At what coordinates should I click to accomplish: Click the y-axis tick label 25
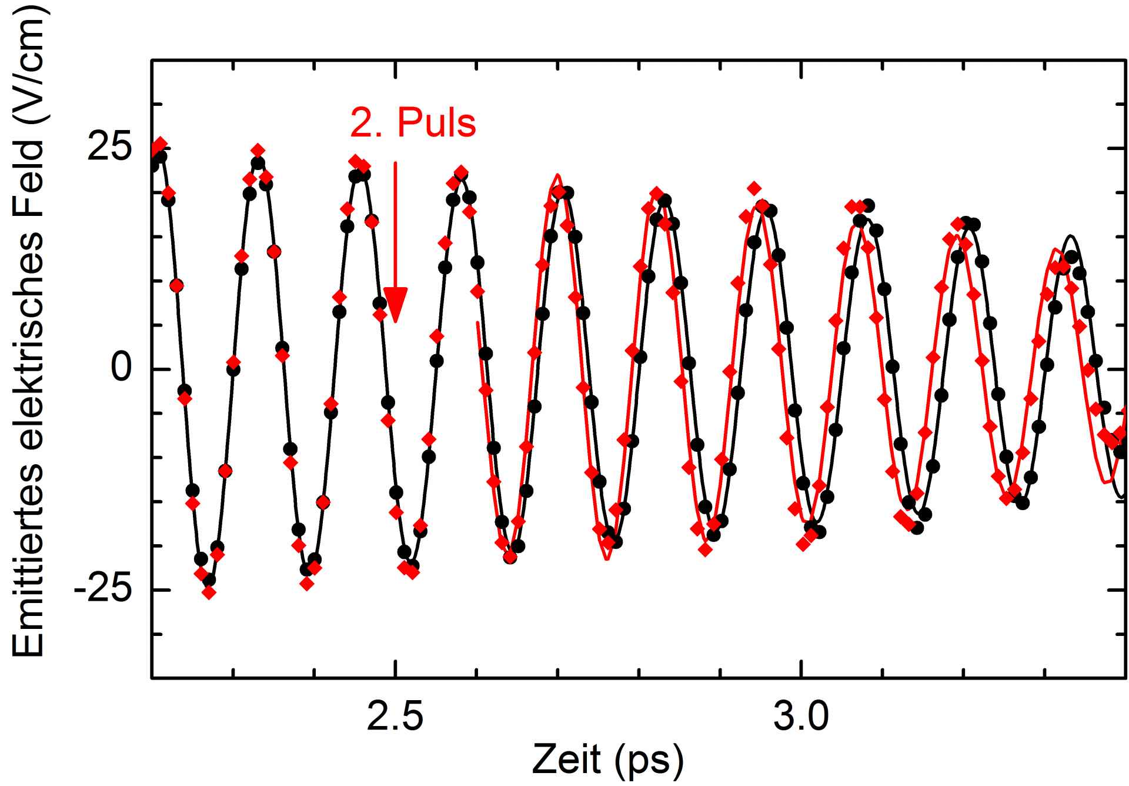click(109, 148)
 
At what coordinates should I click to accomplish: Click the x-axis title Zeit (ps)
click(608, 760)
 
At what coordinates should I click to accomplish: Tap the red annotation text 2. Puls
click(413, 124)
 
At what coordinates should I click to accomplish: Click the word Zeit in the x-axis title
click(567, 760)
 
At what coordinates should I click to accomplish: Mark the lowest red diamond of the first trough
click(209, 592)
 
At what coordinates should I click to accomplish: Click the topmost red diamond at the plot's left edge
click(160, 143)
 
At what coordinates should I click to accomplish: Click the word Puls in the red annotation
click(436, 124)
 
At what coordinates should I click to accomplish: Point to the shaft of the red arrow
click(395, 224)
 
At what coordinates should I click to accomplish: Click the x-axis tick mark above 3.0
click(801, 672)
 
